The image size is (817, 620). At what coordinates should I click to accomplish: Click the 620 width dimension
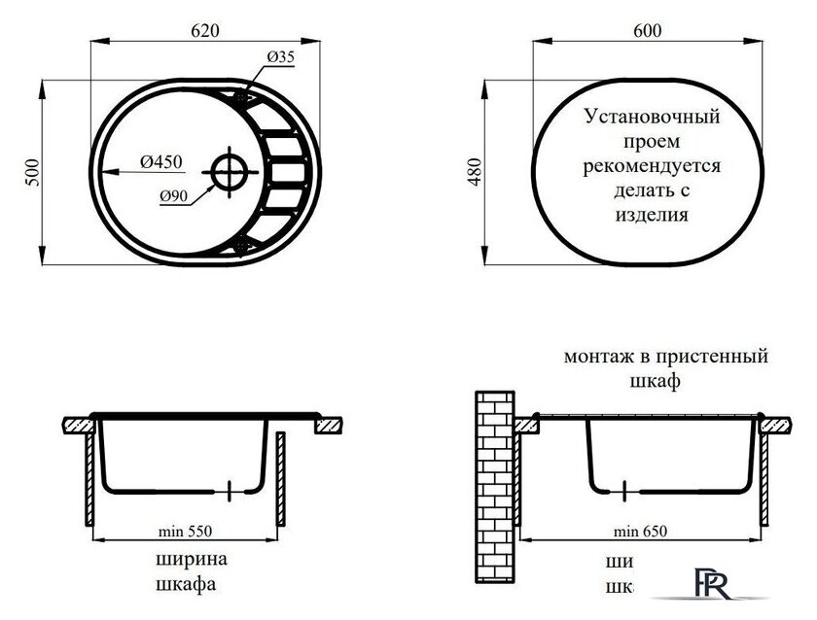tap(203, 30)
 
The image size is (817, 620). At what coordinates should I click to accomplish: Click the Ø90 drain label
tap(174, 195)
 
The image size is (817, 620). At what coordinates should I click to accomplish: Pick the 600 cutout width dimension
tap(647, 30)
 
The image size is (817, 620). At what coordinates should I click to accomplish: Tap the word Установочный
tap(652, 118)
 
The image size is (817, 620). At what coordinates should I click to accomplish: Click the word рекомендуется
tap(652, 166)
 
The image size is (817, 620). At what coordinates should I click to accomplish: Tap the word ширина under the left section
tap(191, 561)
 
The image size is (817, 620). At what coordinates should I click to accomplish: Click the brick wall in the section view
tap(495, 486)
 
